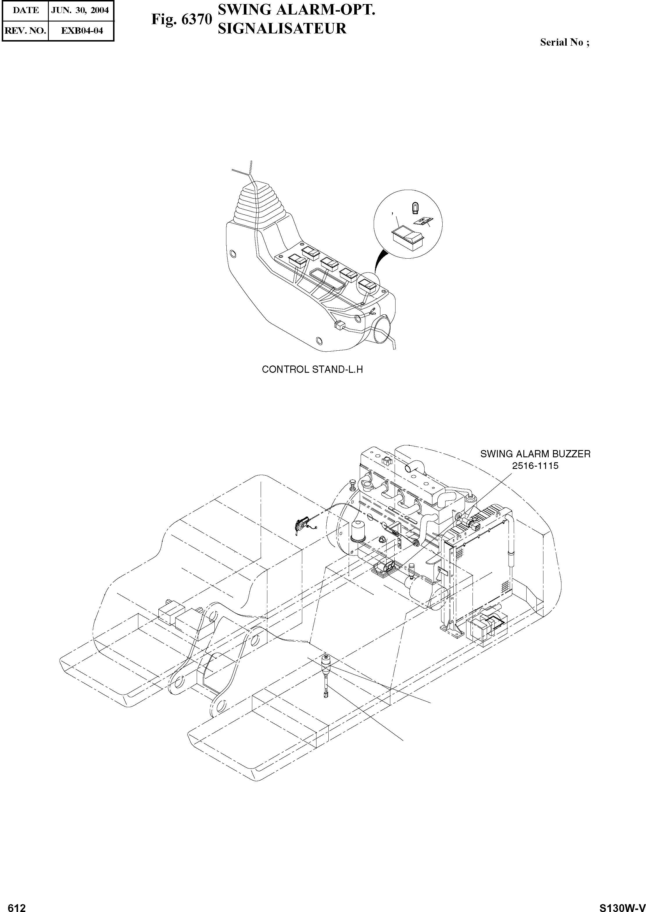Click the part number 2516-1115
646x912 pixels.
[x=535, y=466]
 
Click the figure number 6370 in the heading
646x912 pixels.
[x=196, y=20]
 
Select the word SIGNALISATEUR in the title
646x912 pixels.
[x=282, y=29]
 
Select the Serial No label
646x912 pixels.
[x=564, y=42]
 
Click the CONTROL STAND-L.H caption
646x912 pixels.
[x=312, y=370]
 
